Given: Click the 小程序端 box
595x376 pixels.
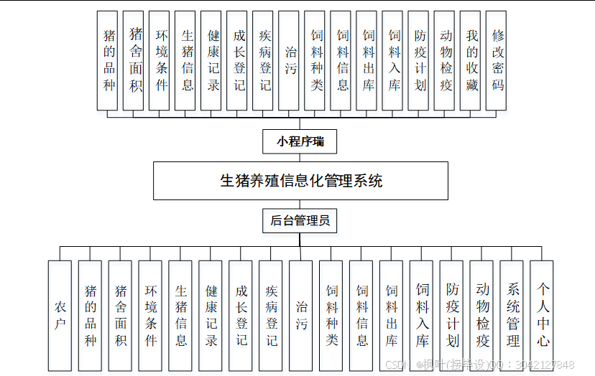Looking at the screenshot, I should click(x=300, y=141).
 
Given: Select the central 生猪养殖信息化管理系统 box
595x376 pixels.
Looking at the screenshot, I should click(x=300, y=180).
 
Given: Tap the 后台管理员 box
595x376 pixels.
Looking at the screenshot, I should click(x=300, y=221).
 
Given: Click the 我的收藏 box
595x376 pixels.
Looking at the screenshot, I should click(x=472, y=60).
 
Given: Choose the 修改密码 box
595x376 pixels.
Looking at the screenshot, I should click(x=498, y=60).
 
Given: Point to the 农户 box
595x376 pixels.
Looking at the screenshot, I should click(x=60, y=316).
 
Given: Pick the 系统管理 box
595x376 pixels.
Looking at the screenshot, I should click(x=513, y=316).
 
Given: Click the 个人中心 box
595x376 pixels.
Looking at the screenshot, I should click(x=543, y=316).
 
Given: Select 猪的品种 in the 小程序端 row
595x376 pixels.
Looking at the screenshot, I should click(x=109, y=60).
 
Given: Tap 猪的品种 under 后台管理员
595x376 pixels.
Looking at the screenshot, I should click(x=91, y=316).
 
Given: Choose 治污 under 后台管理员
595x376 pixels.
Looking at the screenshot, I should click(x=302, y=316).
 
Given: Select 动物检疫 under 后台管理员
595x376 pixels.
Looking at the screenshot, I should click(x=482, y=316).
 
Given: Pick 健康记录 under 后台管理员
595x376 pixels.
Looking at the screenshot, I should click(x=211, y=316).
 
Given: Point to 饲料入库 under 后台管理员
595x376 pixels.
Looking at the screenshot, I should click(x=423, y=316).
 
